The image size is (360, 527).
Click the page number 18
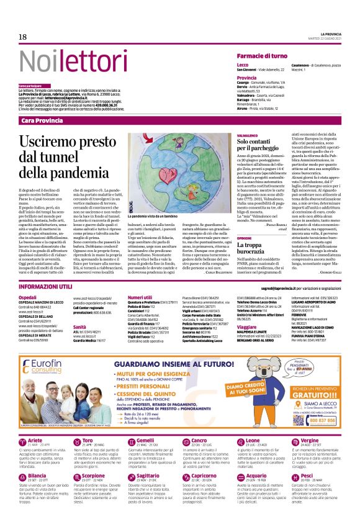[23, 37]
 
